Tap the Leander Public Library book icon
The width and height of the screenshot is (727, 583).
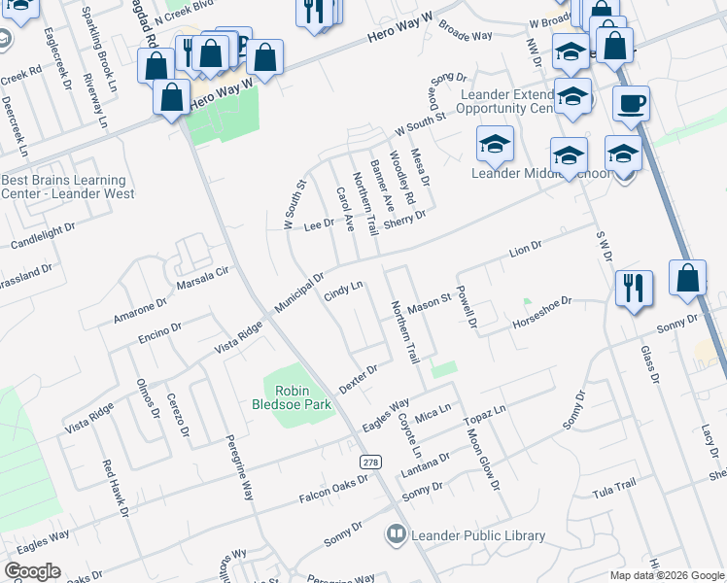[x=396, y=532]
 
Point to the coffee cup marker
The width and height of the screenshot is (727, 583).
[x=631, y=103]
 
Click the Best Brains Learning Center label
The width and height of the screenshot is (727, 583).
[x=64, y=187]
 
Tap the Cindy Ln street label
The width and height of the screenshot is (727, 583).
[x=342, y=291]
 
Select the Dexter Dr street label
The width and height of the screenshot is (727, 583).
[x=358, y=379]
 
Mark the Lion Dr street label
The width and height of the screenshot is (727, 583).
[x=525, y=251]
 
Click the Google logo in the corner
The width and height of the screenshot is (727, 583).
[x=33, y=571]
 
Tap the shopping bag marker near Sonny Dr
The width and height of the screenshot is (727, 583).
[x=687, y=278]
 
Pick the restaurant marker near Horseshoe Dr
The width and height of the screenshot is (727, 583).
[x=634, y=288]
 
